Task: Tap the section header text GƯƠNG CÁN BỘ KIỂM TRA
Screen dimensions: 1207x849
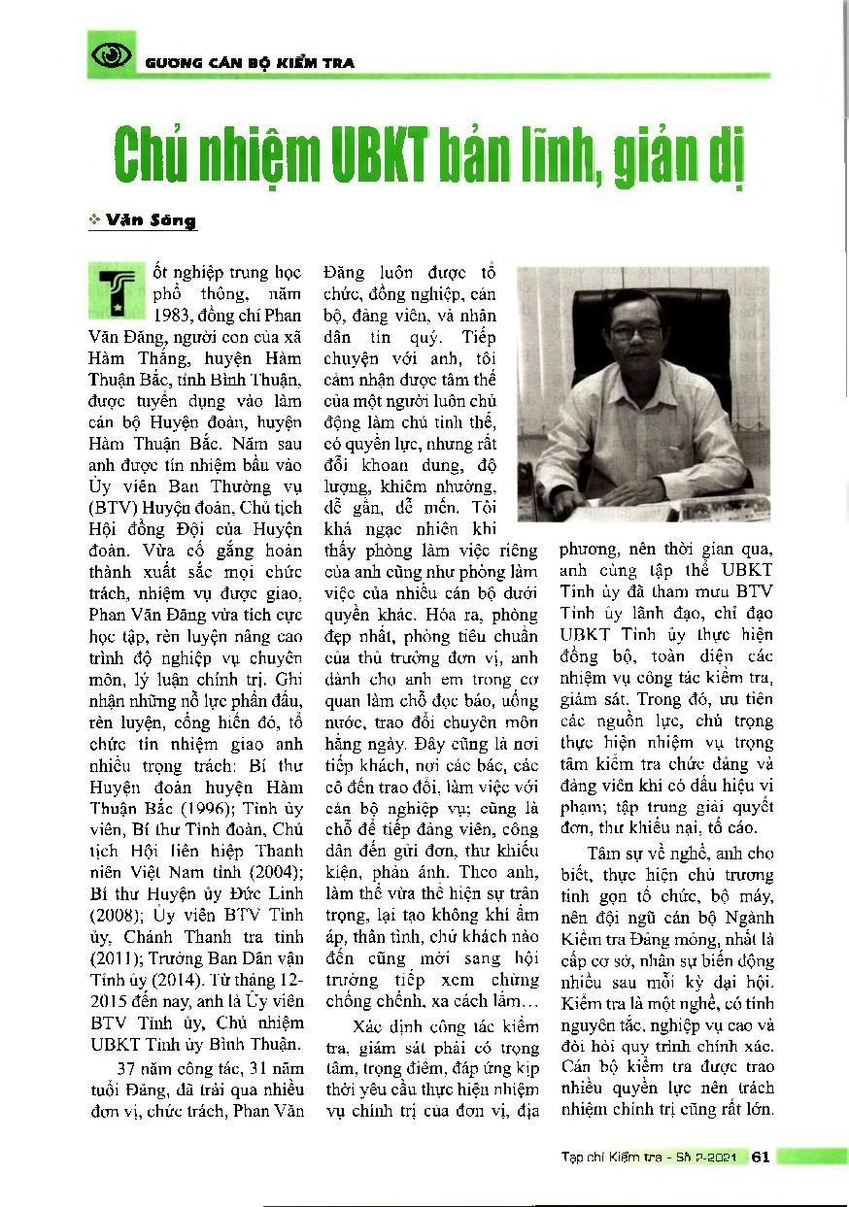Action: (250, 63)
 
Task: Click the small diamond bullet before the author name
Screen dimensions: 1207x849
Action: (93, 221)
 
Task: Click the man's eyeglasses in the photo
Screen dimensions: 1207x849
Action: (636, 331)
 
